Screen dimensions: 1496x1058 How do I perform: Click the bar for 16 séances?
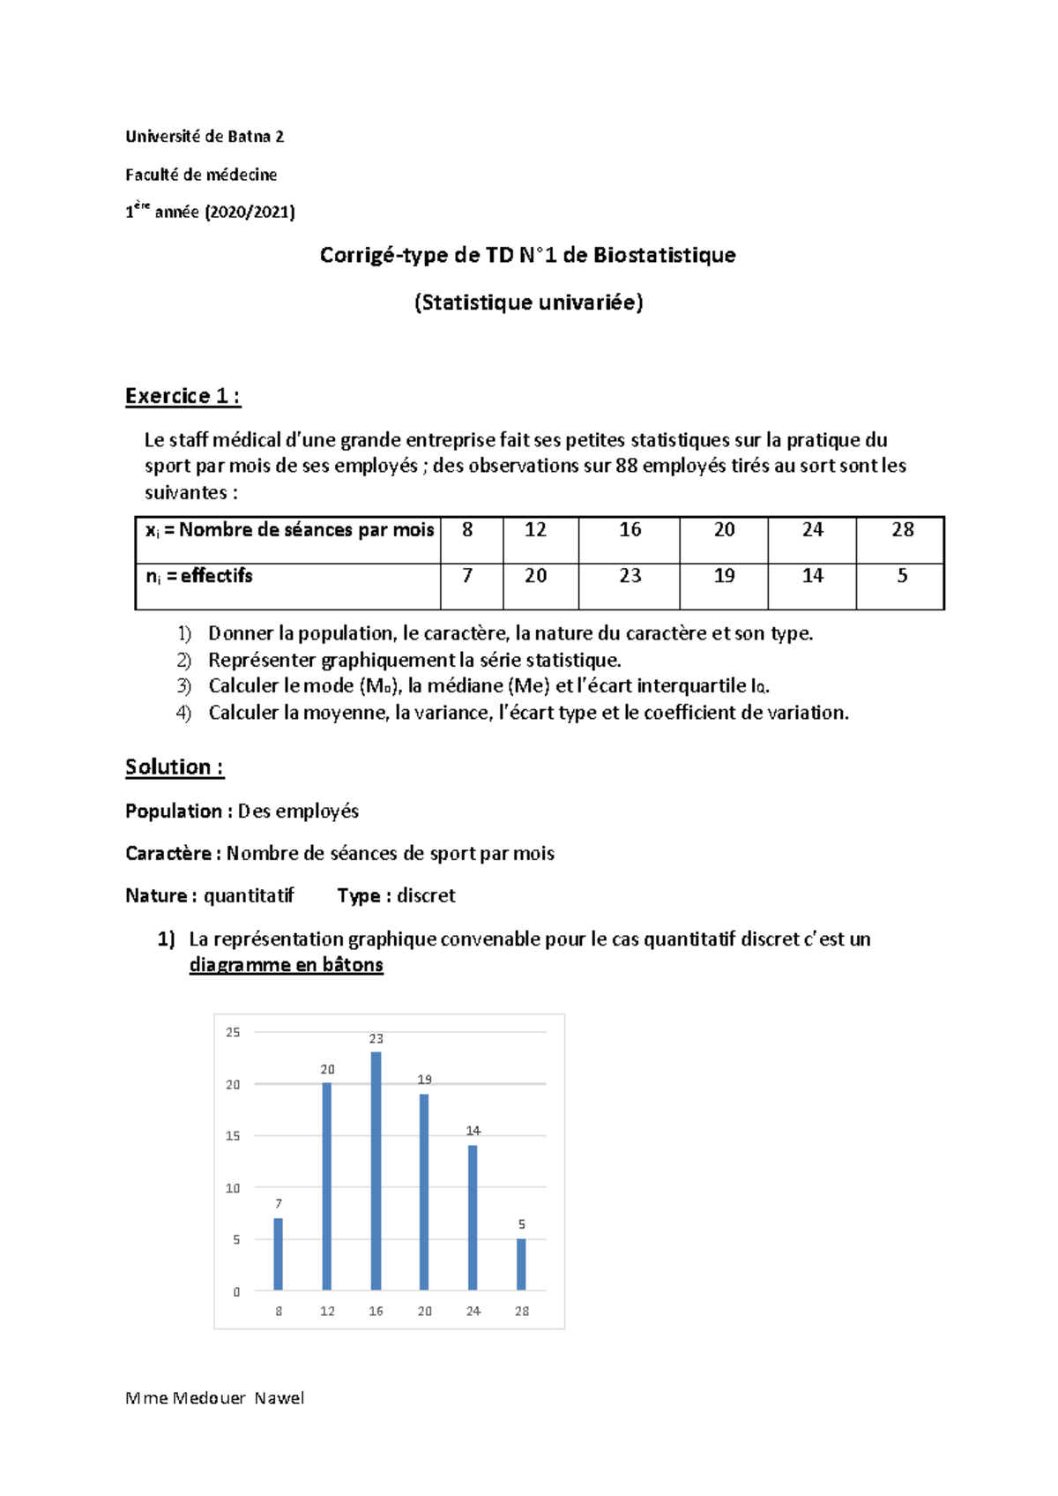pyautogui.click(x=376, y=1171)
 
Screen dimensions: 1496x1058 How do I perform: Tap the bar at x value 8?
pyautogui.click(x=279, y=1253)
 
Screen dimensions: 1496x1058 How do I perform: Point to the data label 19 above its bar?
pyautogui.click(x=425, y=1080)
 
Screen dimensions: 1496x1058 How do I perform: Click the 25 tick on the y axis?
pyautogui.click(x=233, y=1032)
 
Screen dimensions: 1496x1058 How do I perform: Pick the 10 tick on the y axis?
pyautogui.click(x=233, y=1188)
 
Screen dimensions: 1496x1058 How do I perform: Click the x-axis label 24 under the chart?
pyautogui.click(x=473, y=1312)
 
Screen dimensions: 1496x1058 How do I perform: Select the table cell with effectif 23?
pyautogui.click(x=630, y=576)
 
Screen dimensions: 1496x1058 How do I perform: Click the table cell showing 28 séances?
pyautogui.click(x=902, y=530)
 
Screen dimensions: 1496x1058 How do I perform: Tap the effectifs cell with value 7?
pyautogui.click(x=467, y=576)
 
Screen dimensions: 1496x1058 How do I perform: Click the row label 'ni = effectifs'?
pyautogui.click(x=199, y=576)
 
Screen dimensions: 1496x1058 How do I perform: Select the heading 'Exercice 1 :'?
pyautogui.click(x=183, y=396)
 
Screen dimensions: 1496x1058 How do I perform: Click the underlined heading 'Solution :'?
pyautogui.click(x=175, y=767)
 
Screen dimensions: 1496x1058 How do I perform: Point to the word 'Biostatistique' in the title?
pyautogui.click(x=664, y=256)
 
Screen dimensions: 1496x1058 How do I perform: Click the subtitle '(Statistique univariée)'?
pyautogui.click(x=528, y=303)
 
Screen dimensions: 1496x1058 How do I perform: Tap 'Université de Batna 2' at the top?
pyautogui.click(x=205, y=137)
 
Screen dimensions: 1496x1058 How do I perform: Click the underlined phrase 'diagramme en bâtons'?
pyautogui.click(x=286, y=965)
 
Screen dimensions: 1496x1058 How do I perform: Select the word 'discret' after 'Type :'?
pyautogui.click(x=426, y=896)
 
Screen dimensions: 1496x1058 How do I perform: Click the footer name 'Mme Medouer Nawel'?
pyautogui.click(x=215, y=1398)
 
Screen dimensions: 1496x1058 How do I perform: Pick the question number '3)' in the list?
pyautogui.click(x=183, y=686)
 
